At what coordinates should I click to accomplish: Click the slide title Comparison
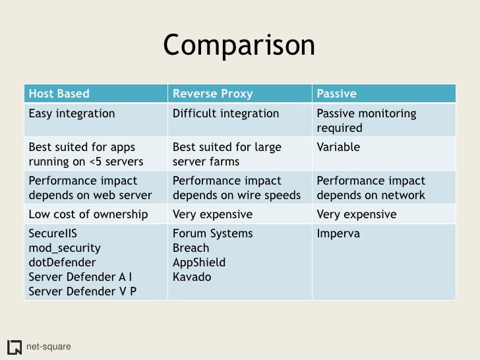pyautogui.click(x=239, y=46)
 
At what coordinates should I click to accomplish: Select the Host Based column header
pyautogui.click(x=58, y=94)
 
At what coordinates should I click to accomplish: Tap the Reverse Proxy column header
pyautogui.click(x=212, y=94)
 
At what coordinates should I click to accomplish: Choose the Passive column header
pyautogui.click(x=337, y=94)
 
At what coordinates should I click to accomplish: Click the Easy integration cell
pyautogui.click(x=71, y=113)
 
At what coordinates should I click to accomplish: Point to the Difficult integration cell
pyautogui.click(x=225, y=113)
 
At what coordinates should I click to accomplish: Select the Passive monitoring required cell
pyautogui.click(x=367, y=120)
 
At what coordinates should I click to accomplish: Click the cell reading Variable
pyautogui.click(x=338, y=147)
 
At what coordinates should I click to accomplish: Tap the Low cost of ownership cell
pyautogui.click(x=86, y=214)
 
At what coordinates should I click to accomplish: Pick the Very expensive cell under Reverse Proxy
pyautogui.click(x=212, y=214)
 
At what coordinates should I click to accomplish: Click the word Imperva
pyautogui.click(x=338, y=234)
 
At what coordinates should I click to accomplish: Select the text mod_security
pyautogui.click(x=64, y=248)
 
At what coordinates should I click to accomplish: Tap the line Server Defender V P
pyautogui.click(x=82, y=291)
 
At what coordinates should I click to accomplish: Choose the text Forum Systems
pyautogui.click(x=212, y=234)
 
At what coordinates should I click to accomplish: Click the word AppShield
pyautogui.click(x=198, y=262)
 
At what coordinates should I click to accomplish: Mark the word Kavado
pyautogui.click(x=191, y=277)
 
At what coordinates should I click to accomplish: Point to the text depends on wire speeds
pyautogui.click(x=236, y=195)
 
